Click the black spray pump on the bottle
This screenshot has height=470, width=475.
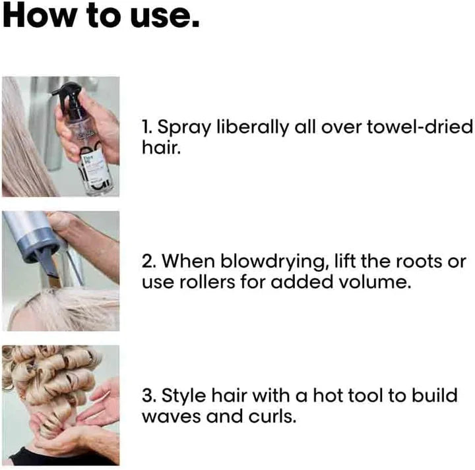67,96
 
